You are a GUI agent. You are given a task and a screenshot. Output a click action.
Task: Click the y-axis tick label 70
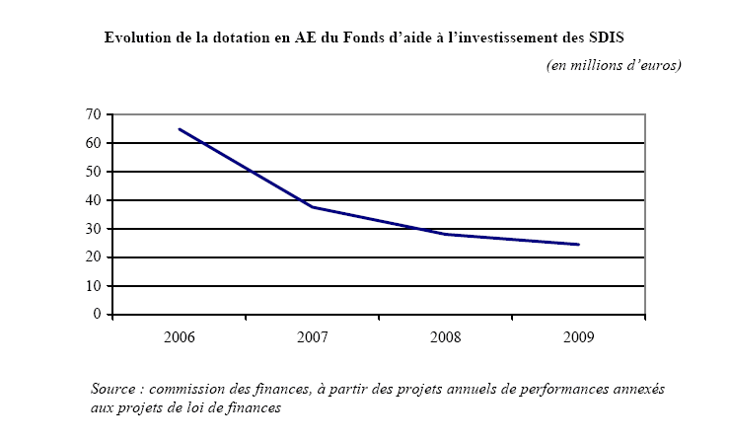click(95, 115)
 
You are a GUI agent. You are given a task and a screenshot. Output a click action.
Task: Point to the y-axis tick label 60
click(95, 144)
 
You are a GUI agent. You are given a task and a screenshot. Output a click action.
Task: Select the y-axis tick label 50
click(95, 173)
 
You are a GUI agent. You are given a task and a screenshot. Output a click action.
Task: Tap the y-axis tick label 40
click(95, 201)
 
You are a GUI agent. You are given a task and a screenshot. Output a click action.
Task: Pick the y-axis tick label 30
click(95, 230)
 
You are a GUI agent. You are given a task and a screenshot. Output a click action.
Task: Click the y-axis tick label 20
click(95, 258)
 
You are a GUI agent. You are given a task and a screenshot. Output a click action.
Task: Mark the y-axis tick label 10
click(95, 287)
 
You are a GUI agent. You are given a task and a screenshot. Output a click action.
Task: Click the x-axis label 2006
click(180, 337)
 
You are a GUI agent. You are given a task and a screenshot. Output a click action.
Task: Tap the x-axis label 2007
click(313, 337)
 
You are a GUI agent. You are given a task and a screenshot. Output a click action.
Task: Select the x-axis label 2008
click(446, 337)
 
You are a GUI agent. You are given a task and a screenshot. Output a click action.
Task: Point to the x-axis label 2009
click(579, 337)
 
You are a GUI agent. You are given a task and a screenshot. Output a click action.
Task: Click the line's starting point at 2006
click(180, 129)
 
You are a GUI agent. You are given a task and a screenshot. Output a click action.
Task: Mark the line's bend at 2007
click(313, 207)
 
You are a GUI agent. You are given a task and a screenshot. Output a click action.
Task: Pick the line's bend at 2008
click(446, 234)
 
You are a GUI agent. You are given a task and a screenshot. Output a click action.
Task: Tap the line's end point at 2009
click(579, 245)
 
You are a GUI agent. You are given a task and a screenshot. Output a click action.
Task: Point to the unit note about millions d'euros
click(614, 65)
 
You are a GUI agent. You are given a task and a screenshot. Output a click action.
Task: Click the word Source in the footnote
click(112, 389)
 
